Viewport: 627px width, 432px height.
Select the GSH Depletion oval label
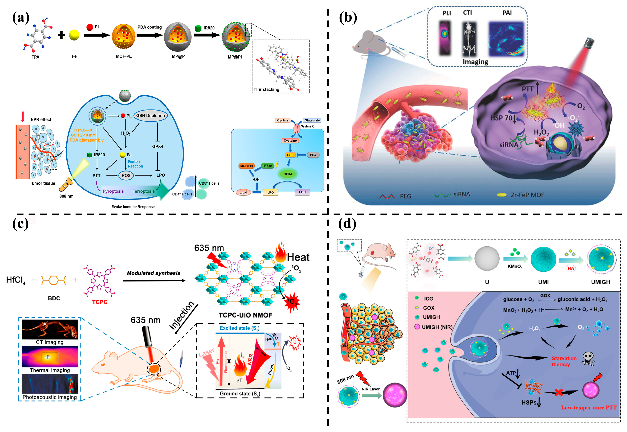[150, 116]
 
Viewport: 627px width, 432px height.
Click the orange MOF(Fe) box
[246, 166]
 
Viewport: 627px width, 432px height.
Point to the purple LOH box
[302, 192]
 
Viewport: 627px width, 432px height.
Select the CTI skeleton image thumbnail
[469, 39]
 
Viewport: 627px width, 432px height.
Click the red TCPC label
[100, 302]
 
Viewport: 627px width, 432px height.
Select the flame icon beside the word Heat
[281, 252]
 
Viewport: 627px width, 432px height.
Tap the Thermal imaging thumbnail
[50, 356]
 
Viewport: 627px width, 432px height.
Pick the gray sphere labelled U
[487, 259]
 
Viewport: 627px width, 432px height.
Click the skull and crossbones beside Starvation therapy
[588, 359]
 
